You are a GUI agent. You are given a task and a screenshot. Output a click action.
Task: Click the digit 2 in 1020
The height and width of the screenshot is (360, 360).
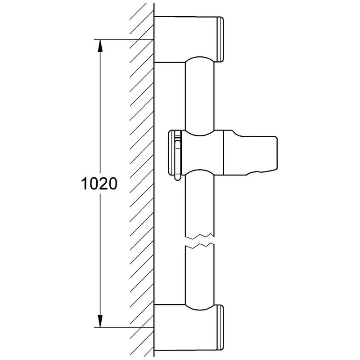105,184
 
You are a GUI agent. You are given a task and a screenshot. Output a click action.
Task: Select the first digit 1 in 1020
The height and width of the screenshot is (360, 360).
85,184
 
